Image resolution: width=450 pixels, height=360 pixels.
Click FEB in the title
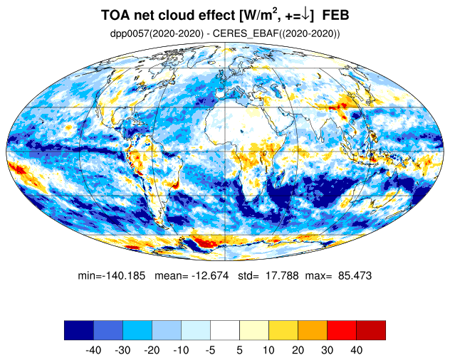coord(335,15)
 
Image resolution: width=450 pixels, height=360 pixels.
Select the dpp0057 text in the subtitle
coord(128,33)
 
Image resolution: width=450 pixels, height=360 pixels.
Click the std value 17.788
coord(282,276)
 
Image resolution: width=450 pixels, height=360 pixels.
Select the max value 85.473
coord(355,276)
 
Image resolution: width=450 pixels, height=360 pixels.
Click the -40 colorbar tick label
coord(93,350)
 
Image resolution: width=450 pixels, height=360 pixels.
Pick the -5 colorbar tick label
coord(210,350)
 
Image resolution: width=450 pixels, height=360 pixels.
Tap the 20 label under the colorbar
coord(298,350)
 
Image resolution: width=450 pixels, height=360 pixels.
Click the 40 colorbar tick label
coord(356,350)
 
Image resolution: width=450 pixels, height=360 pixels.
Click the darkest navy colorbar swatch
coord(79,330)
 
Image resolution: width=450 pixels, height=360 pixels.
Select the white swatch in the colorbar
coord(225,330)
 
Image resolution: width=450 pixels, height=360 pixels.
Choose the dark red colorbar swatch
coord(371,330)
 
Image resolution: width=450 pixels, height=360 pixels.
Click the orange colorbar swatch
coord(313,330)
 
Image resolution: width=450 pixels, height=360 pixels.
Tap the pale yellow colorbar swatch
coord(254,330)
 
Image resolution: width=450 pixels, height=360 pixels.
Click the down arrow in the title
coord(305,15)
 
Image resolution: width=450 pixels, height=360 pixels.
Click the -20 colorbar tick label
coord(152,350)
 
